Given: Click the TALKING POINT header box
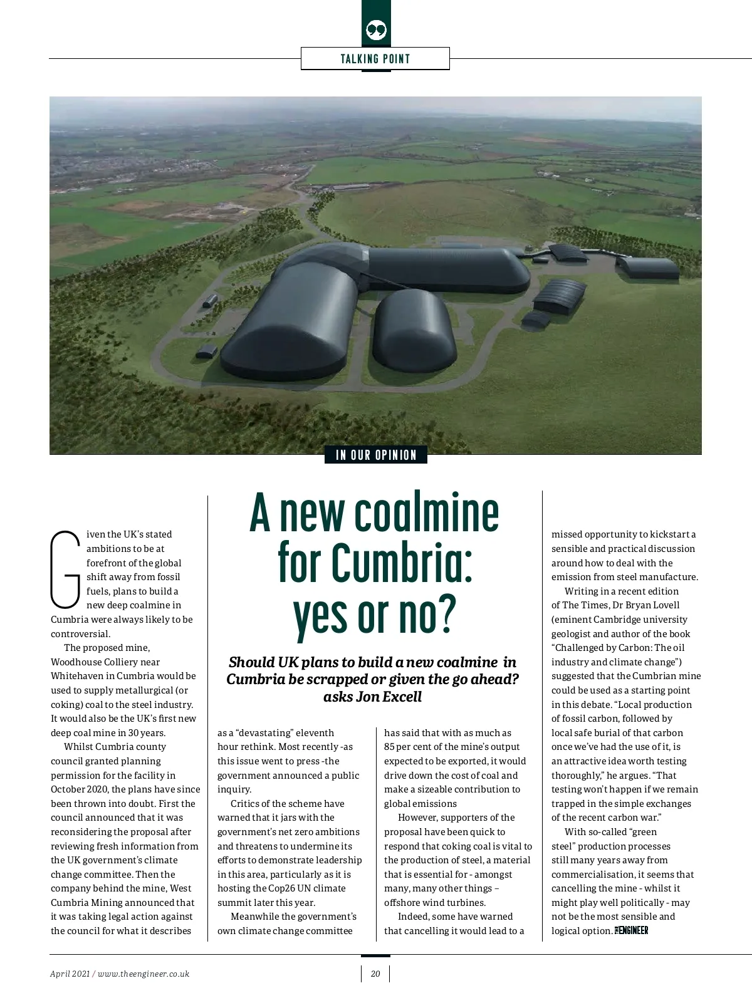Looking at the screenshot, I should tap(375, 59).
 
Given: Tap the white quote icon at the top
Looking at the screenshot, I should tap(376, 29).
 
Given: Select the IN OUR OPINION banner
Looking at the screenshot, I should tap(376, 455).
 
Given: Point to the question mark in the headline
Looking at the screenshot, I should tap(444, 615).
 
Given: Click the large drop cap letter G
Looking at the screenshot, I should tap(65, 569).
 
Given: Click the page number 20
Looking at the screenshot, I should tap(375, 974).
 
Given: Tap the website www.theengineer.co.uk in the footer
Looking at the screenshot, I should tap(144, 974).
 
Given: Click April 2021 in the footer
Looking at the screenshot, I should tap(70, 974).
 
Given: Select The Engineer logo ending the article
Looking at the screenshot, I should tap(631, 930).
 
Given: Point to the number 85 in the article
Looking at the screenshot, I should tap(390, 747).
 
